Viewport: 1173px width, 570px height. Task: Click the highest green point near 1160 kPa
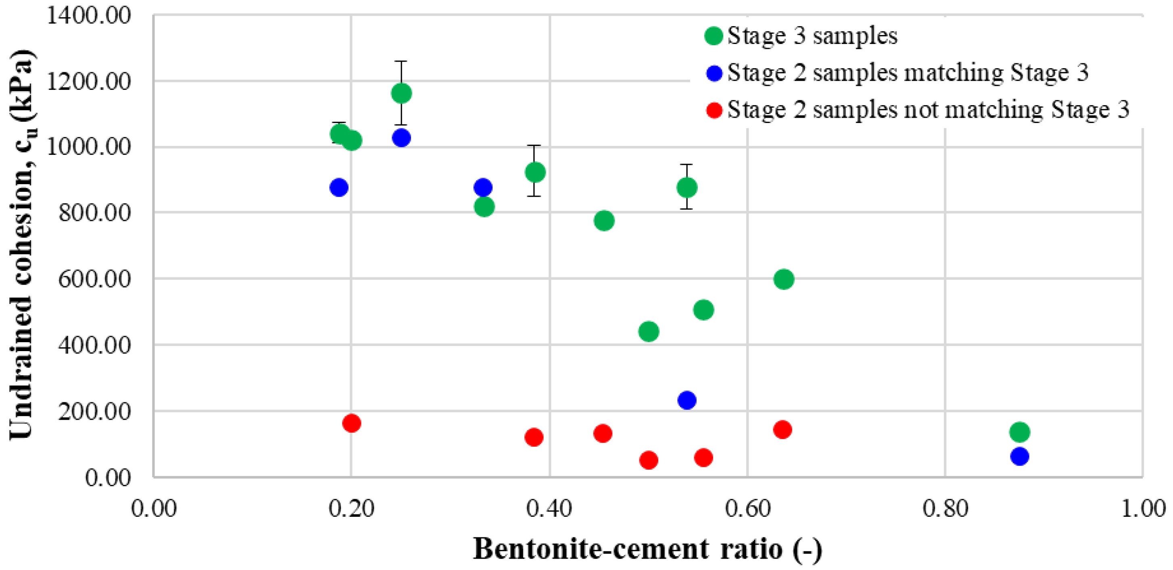point(401,93)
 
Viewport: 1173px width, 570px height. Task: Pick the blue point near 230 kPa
point(687,400)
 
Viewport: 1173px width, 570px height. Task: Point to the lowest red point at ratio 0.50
point(649,460)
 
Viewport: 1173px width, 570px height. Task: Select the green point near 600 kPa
point(784,279)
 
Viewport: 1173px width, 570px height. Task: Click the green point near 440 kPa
point(649,331)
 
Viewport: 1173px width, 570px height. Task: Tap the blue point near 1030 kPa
point(401,137)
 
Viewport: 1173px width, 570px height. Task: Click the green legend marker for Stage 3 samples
point(714,35)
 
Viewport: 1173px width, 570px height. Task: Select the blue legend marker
point(714,73)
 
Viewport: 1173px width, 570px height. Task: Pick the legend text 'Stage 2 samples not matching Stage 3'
point(928,110)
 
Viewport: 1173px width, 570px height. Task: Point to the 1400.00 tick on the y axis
point(88,15)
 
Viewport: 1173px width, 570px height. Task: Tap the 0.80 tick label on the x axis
point(945,509)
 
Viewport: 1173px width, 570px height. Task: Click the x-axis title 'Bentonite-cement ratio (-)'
point(648,549)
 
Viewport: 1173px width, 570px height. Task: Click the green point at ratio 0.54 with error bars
point(687,187)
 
